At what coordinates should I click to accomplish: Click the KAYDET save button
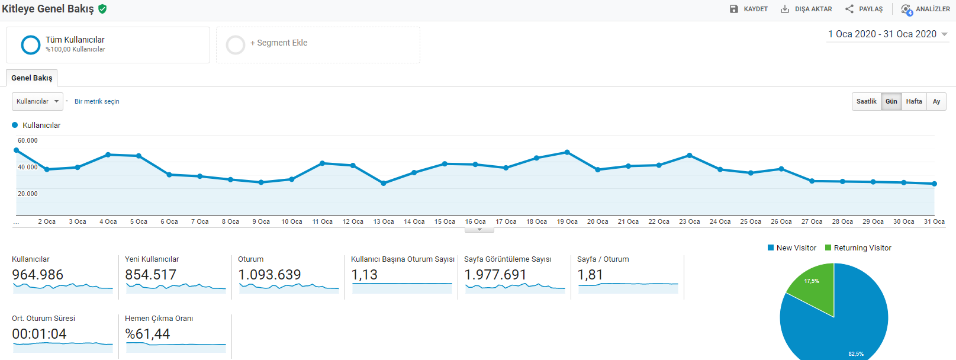749,9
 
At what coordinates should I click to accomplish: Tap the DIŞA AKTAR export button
806,9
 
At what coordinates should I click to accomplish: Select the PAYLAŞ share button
864,9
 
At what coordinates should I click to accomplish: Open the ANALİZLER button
925,9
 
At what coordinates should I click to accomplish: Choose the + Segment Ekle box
318,45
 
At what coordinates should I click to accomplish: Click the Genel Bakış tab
31,78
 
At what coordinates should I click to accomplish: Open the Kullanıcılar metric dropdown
37,102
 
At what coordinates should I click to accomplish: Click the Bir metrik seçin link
97,102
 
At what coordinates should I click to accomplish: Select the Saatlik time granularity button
867,102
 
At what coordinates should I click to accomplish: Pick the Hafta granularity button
914,102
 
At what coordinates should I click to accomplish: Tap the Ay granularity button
936,102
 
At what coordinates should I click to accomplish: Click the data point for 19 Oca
567,152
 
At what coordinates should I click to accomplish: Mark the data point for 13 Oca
383,183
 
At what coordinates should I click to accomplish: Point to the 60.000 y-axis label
28,140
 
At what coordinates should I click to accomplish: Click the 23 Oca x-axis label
690,221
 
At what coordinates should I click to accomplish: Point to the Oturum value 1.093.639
269,275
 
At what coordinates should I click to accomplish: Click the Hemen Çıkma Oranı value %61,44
147,334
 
